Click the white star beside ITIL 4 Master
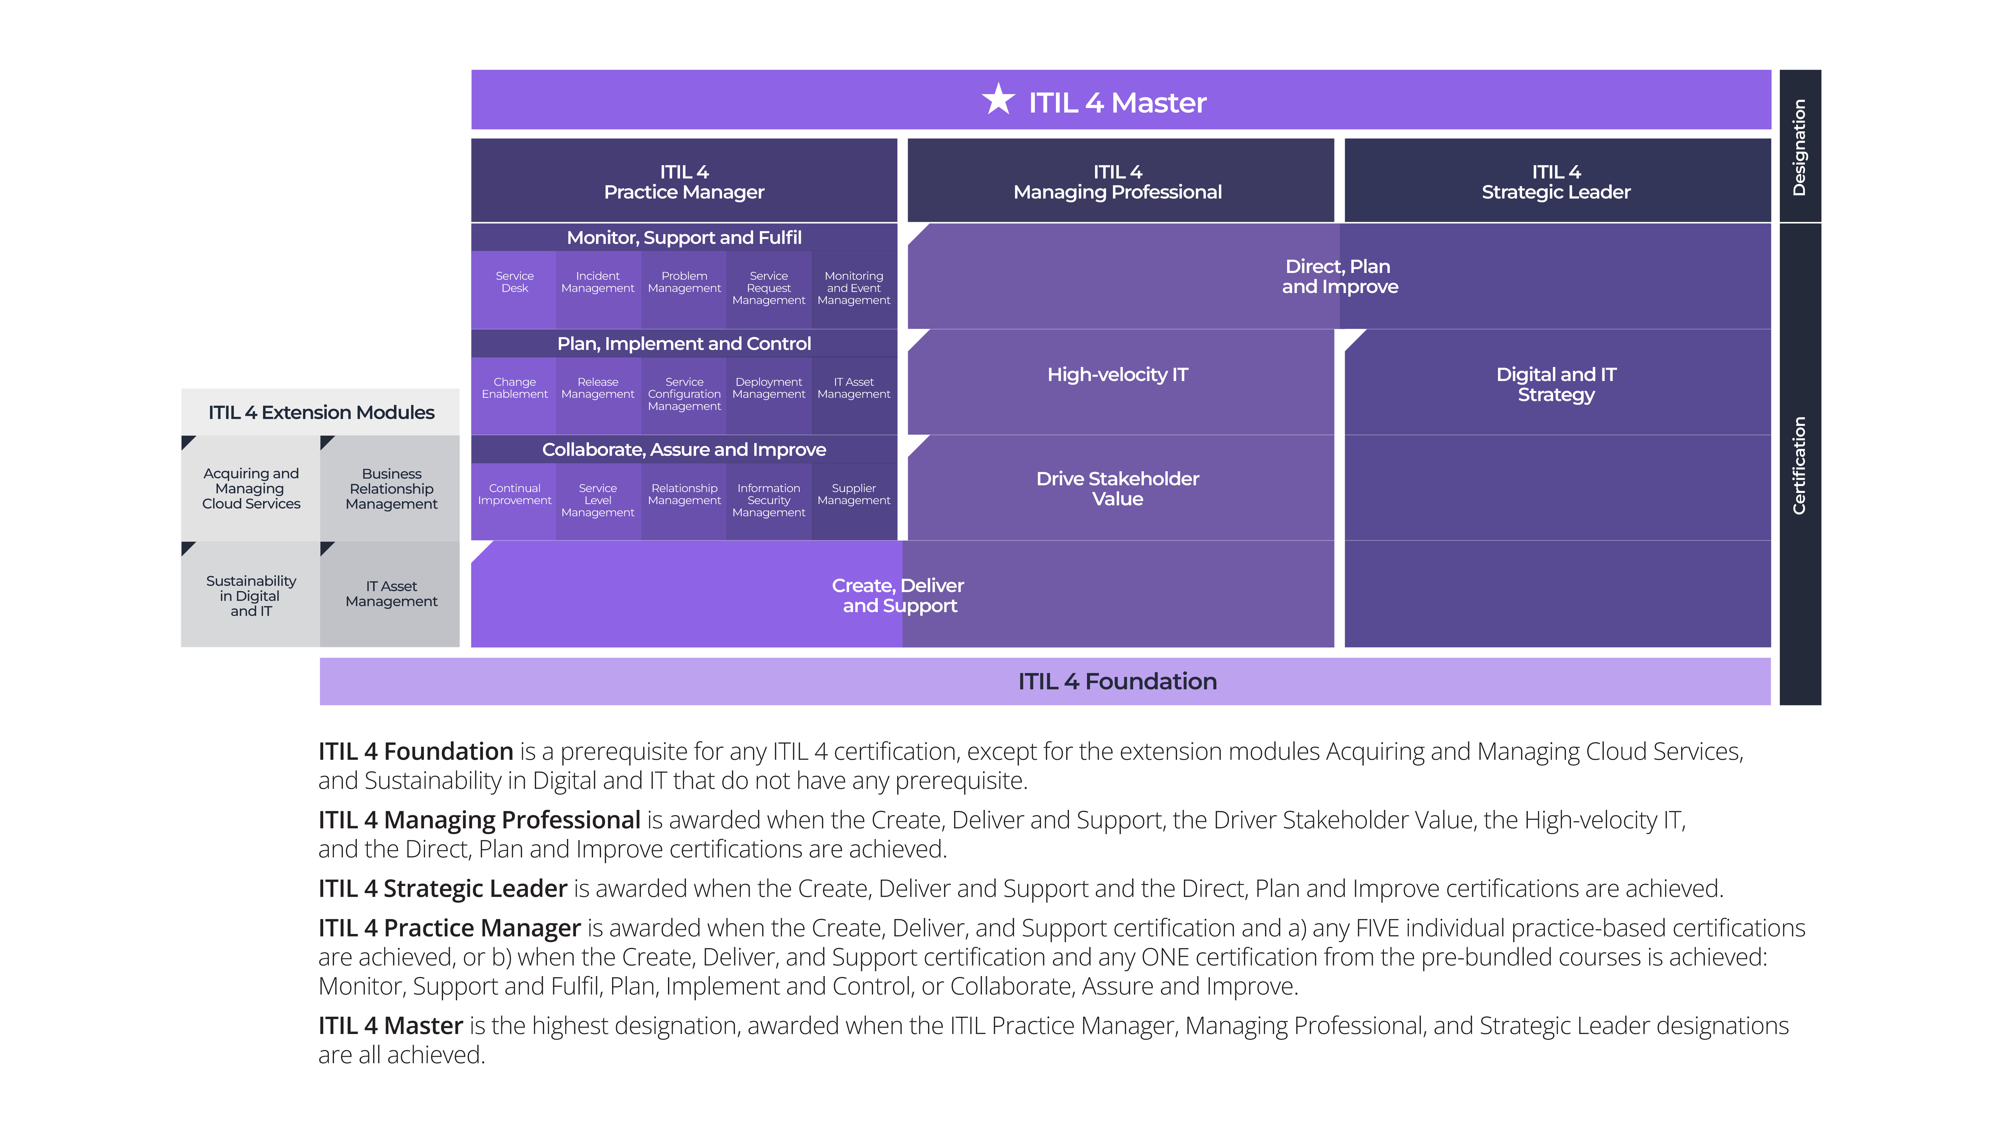pyautogui.click(x=997, y=100)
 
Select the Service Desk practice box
pyautogui.click(x=514, y=290)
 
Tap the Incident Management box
pyautogui.click(x=598, y=290)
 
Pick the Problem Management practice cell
pyautogui.click(x=684, y=290)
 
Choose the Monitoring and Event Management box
pyautogui.click(x=854, y=290)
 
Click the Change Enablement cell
pyautogui.click(x=514, y=396)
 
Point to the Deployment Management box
pyautogui.click(x=769, y=396)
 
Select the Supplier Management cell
pyautogui.click(x=854, y=501)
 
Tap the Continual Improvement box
pyautogui.click(x=514, y=501)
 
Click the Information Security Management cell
pyautogui.click(x=769, y=501)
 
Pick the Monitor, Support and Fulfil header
pyautogui.click(x=684, y=237)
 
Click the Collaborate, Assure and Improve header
pyautogui.click(x=684, y=449)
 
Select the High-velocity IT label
pyautogui.click(x=1118, y=374)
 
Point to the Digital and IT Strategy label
pyautogui.click(x=1556, y=385)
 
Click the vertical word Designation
pyautogui.click(x=1799, y=147)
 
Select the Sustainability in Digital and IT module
pyautogui.click(x=251, y=595)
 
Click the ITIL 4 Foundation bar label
pyautogui.click(x=1118, y=681)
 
